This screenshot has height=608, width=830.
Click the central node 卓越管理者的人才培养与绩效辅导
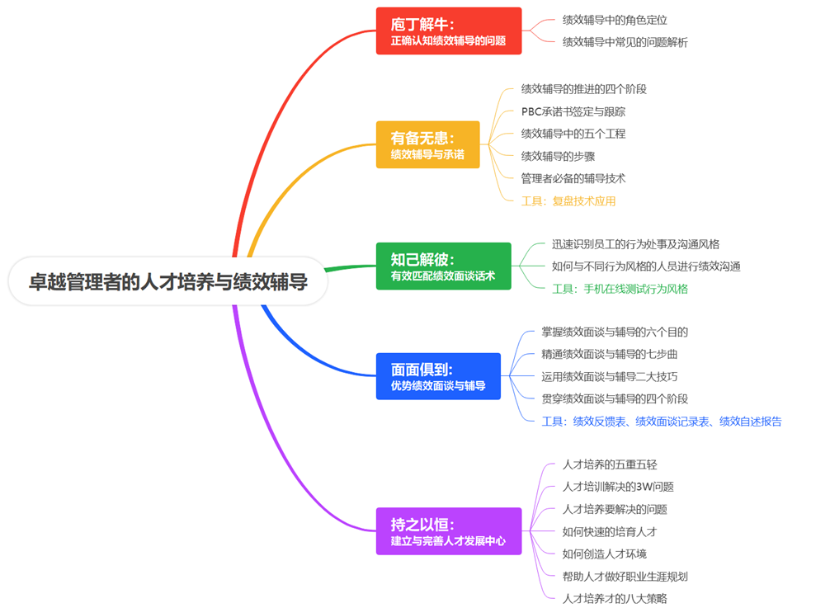[x=168, y=282]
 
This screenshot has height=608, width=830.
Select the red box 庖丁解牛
[x=448, y=31]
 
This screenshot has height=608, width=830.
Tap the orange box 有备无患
[x=427, y=145]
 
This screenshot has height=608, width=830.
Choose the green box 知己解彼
[x=443, y=266]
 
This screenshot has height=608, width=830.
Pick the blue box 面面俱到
[x=437, y=376]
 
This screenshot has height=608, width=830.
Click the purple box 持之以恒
[x=448, y=531]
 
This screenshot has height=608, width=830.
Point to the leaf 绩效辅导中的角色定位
[x=615, y=20]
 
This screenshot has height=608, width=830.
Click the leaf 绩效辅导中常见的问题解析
[x=625, y=42]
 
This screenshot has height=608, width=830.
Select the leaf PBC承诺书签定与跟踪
[x=579, y=111]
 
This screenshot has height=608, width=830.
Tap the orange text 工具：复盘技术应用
[x=568, y=200]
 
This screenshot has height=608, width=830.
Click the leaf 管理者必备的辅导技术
[x=573, y=178]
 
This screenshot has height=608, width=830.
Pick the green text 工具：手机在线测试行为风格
[x=620, y=289]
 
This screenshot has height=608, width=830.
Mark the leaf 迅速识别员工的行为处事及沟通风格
[x=635, y=244]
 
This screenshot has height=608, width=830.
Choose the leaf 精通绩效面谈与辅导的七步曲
[x=610, y=354]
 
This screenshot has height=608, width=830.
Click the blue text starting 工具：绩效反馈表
[x=662, y=422]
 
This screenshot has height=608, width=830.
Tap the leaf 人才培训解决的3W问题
[x=618, y=487]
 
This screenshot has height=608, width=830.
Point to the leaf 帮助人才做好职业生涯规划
[x=625, y=577]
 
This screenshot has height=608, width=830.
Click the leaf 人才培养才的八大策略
[x=615, y=599]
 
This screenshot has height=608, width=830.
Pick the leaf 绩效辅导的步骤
[x=558, y=156]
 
